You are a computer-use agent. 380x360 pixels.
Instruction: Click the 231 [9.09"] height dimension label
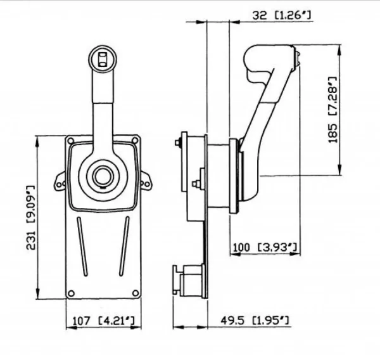(x=31, y=217)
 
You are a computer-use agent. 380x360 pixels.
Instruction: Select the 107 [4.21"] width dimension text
(x=103, y=321)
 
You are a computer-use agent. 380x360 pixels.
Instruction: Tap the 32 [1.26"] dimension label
(x=281, y=15)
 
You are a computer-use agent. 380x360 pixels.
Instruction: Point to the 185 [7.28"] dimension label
(x=332, y=110)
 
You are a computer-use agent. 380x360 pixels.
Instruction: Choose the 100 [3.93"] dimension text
(x=265, y=247)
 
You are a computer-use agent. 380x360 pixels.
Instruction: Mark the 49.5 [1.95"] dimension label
(x=255, y=321)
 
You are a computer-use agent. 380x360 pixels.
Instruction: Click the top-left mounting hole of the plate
(x=71, y=141)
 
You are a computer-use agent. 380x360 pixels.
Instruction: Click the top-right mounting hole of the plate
(x=135, y=140)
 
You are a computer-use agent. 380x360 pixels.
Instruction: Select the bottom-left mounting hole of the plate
(x=71, y=293)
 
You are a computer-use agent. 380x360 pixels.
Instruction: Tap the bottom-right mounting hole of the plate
(x=136, y=293)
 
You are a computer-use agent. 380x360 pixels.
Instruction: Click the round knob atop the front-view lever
(x=103, y=59)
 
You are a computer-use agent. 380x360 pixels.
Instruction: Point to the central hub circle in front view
(x=103, y=176)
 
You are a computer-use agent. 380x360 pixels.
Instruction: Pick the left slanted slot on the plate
(x=82, y=246)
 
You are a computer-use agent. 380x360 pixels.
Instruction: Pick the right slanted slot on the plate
(x=124, y=246)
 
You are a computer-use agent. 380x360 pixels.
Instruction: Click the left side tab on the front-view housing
(x=60, y=182)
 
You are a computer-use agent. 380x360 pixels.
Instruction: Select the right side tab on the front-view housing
(x=146, y=181)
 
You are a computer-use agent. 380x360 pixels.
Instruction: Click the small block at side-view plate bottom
(x=189, y=281)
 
